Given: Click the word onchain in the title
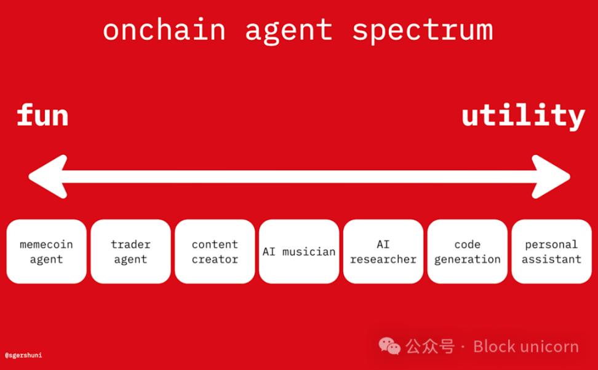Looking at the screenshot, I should coord(164,30).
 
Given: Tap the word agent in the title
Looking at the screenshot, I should coord(289,31).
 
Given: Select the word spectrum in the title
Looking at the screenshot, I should coord(422,31).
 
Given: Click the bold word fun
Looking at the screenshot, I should coord(42,116).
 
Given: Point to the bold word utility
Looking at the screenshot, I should coord(523,117).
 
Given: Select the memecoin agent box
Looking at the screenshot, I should coord(46,251).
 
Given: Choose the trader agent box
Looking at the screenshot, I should coord(130,251).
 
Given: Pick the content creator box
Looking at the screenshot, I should coord(215,251).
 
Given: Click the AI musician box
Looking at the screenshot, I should coord(299,251).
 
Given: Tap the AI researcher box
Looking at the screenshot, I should coord(383,251).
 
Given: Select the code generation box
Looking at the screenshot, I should coord(468,251).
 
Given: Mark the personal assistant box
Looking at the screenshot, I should coord(551,251).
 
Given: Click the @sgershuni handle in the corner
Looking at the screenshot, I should coord(23,355).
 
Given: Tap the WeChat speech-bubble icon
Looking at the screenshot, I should coord(389,346).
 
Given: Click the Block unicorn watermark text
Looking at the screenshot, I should coord(526,347).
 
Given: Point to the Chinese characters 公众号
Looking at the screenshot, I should coord(430,347).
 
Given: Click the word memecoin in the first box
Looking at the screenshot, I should coord(46,245).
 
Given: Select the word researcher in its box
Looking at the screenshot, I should coord(383,259).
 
